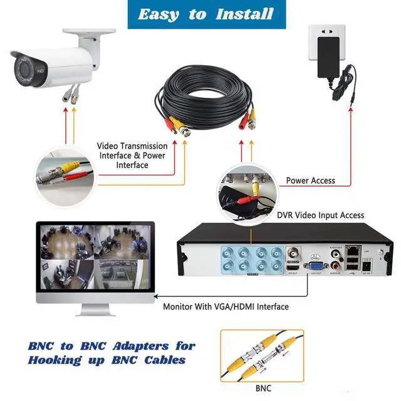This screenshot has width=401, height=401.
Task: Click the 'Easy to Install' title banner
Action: point(200,14)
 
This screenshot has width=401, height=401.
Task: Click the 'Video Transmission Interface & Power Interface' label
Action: point(132,155)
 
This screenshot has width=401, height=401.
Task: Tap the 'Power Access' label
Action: point(310,180)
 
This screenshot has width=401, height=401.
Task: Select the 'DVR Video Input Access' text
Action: point(320,215)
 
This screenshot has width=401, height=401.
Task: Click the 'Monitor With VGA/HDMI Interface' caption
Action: point(226,307)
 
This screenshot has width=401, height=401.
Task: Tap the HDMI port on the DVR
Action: point(293,268)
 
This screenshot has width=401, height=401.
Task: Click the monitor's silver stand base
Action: point(95,311)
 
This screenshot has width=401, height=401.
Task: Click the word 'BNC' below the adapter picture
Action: point(264,388)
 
